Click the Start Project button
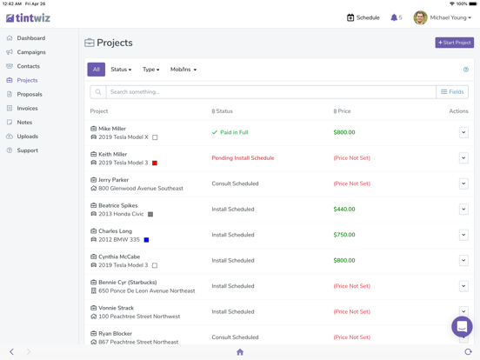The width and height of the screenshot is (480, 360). [x=454, y=42]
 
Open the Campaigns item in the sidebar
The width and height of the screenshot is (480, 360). [x=31, y=52]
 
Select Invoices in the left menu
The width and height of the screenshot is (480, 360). [x=28, y=109]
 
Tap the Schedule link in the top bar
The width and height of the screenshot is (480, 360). [x=363, y=17]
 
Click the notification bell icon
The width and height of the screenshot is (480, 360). [x=394, y=17]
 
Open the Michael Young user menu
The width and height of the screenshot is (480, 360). [x=443, y=17]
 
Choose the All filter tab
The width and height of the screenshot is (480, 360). [x=97, y=70]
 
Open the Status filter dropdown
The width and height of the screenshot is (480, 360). [x=121, y=70]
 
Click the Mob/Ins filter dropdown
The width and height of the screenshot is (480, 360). [x=183, y=70]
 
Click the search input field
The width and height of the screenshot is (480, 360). [x=270, y=91]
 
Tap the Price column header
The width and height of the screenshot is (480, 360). [x=343, y=111]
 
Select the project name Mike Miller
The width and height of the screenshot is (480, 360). [x=112, y=129]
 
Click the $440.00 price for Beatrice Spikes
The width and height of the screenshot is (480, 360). [x=344, y=210]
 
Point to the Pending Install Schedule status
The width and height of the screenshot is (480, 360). [x=243, y=158]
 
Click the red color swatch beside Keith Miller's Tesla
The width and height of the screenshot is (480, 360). [x=155, y=163]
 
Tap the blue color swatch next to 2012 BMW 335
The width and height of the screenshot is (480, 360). [x=146, y=240]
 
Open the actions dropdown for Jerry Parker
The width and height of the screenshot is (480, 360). [x=463, y=183]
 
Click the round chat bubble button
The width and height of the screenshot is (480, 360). [x=462, y=326]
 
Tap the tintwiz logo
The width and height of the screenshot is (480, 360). [x=29, y=17]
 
